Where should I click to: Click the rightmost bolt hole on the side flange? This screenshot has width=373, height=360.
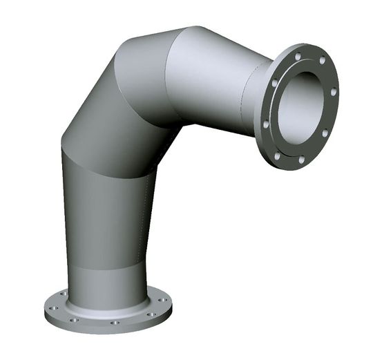[x=334, y=91]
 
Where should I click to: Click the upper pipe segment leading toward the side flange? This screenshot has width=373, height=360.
[x=207, y=76]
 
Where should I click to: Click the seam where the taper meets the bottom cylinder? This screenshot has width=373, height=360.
[x=104, y=267]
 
